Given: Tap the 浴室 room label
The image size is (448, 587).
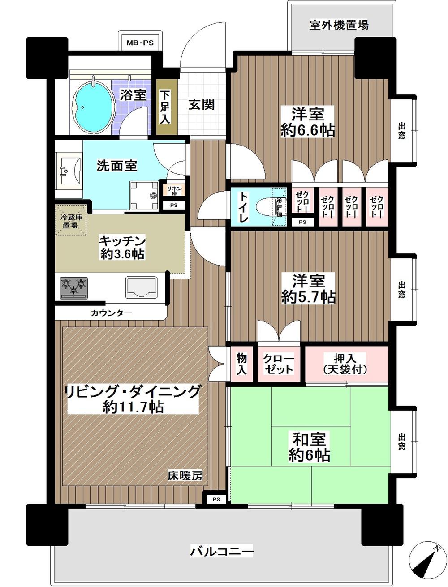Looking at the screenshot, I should [133, 95].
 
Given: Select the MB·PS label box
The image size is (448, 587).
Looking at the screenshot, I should [139, 43].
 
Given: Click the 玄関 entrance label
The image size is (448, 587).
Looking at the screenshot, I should [201, 104].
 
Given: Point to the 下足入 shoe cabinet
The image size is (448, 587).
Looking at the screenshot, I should [165, 107].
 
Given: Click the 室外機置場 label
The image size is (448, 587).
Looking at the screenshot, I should [339, 25].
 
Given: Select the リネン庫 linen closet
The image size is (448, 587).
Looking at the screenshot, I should [172, 190].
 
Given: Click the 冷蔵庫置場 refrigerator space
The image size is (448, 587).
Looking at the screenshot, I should [70, 220].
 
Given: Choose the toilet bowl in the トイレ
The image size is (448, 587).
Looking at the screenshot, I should [267, 207].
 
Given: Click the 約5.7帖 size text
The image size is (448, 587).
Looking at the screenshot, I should [309, 296].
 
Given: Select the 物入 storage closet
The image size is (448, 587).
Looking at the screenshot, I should [242, 363].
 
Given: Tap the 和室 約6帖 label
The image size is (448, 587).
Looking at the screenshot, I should [309, 446].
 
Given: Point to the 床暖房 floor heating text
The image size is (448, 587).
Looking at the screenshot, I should [185, 476].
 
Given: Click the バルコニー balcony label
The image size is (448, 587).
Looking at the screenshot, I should [222, 550].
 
